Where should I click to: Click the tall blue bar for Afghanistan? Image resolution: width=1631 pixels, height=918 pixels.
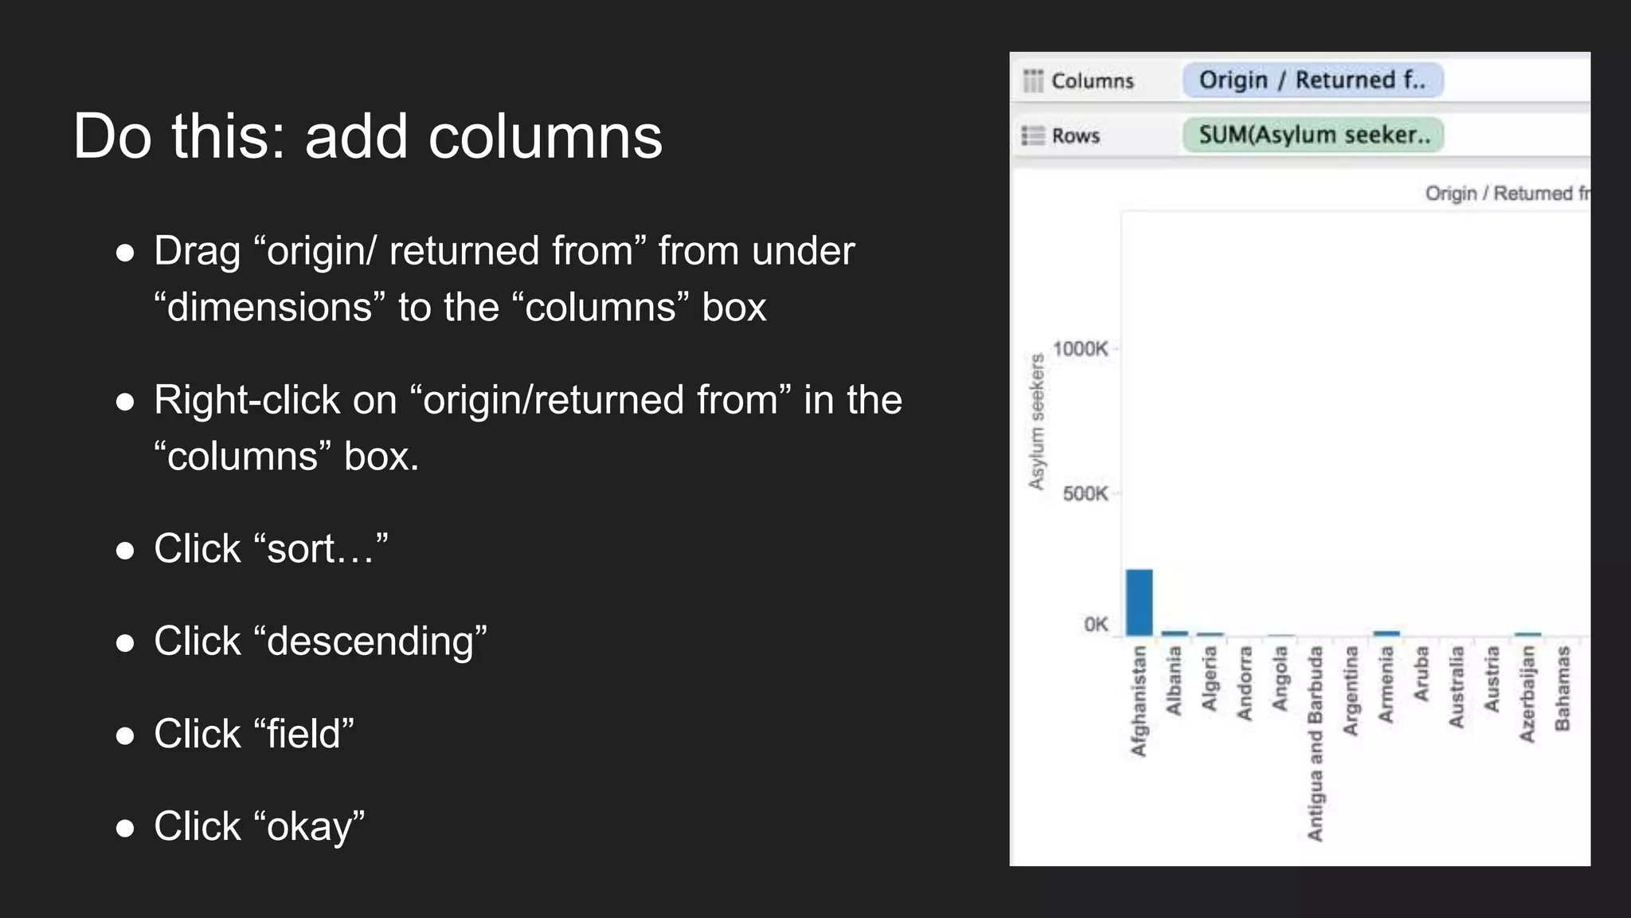click(x=1139, y=602)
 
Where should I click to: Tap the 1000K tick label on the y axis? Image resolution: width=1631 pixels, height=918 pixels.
click(x=1080, y=349)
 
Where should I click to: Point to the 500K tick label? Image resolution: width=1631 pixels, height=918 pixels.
click(x=1085, y=494)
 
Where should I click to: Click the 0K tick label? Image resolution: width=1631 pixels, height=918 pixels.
click(x=1096, y=625)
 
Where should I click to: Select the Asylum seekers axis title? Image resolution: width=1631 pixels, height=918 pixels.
click(x=1036, y=422)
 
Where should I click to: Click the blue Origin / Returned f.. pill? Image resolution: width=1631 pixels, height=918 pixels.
click(x=1312, y=80)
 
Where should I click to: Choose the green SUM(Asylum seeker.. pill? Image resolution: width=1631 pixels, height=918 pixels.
click(x=1313, y=135)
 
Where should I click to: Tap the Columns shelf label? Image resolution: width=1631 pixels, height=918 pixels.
click(x=1092, y=81)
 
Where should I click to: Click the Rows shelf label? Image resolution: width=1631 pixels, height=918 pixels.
click(x=1075, y=135)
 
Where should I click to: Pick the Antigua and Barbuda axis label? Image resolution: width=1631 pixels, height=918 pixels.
click(x=1315, y=743)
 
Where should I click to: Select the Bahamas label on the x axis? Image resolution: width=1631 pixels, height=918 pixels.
click(x=1562, y=688)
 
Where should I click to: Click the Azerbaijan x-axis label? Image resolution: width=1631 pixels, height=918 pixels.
click(x=1527, y=694)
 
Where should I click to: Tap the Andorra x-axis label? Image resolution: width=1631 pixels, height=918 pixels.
click(x=1245, y=684)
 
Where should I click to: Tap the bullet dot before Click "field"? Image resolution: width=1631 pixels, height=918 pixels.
click(x=125, y=735)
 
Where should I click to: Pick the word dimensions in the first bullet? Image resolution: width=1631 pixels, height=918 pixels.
click(x=270, y=308)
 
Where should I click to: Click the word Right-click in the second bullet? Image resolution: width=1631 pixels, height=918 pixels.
click(x=247, y=400)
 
